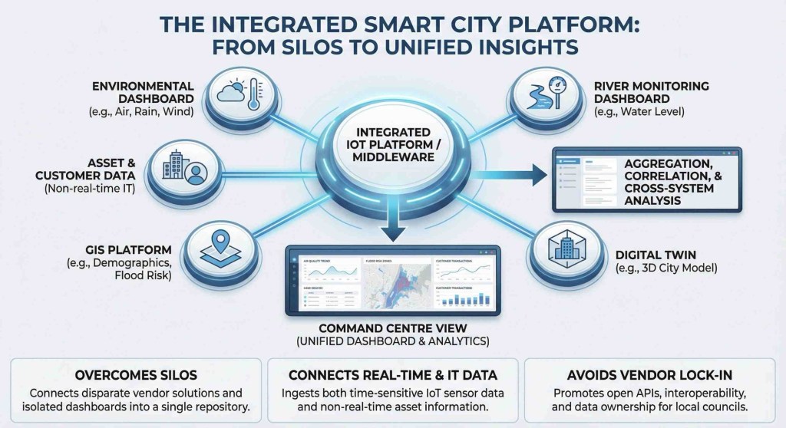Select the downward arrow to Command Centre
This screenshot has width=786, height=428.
(x=393, y=228)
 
